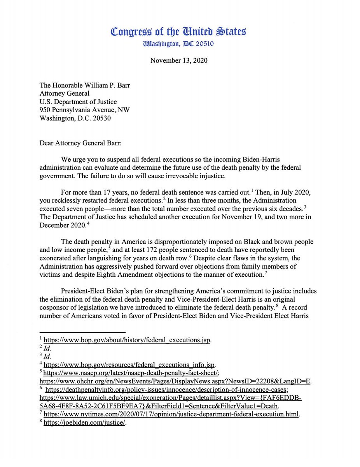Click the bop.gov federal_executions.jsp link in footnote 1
(x=127, y=339)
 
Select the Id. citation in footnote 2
(x=47, y=348)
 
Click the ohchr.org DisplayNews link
(x=175, y=381)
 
